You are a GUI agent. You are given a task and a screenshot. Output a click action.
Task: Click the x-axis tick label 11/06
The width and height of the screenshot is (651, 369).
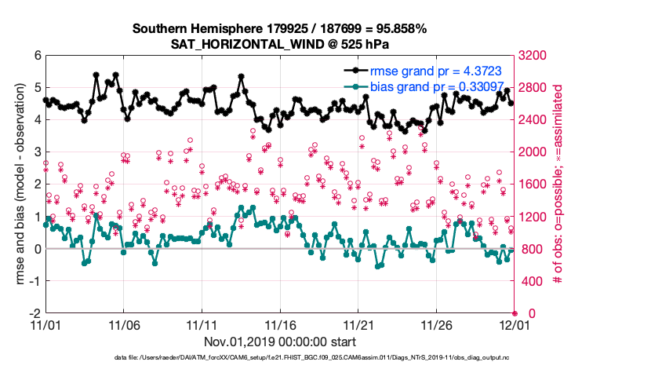click(x=123, y=324)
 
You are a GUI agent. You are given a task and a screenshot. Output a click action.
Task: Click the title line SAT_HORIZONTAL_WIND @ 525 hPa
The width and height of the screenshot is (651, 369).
click(x=280, y=44)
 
